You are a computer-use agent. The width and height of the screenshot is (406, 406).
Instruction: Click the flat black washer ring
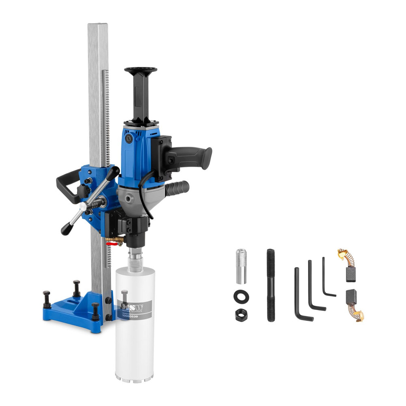[241, 296]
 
